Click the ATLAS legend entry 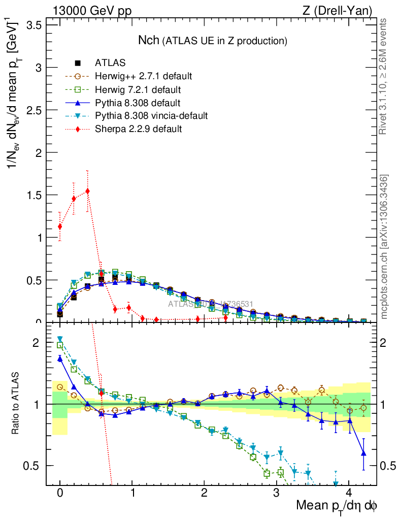pyautogui.click(x=110, y=63)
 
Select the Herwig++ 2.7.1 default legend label pyautogui.click(x=143, y=76)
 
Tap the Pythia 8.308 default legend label pyautogui.click(x=139, y=103)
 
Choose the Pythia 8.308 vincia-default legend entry pyautogui.click(x=151, y=116)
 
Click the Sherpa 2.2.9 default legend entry pyautogui.click(x=138, y=129)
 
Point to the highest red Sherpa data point pyautogui.click(x=88, y=191)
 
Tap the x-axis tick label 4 pyautogui.click(x=349, y=494)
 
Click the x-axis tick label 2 pyautogui.click(x=205, y=494)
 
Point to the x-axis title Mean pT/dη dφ pyautogui.click(x=337, y=506)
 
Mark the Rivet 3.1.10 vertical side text pyautogui.click(x=384, y=76)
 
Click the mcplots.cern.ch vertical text pyautogui.click(x=384, y=247)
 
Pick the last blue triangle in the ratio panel pyautogui.click(x=363, y=453)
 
